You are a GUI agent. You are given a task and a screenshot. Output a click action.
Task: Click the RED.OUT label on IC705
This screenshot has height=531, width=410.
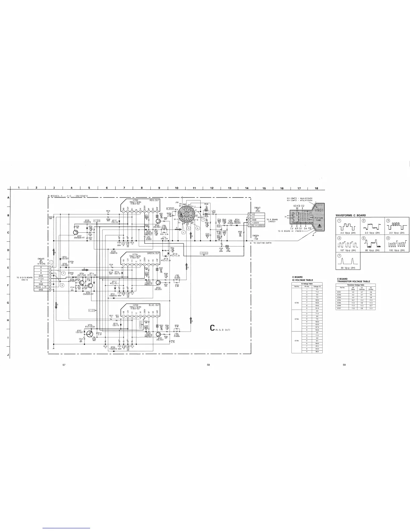coord(155,200)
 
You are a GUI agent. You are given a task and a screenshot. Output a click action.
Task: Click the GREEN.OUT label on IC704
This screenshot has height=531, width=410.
coord(153,253)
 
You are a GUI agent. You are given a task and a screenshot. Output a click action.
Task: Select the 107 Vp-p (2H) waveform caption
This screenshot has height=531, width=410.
coord(348,250)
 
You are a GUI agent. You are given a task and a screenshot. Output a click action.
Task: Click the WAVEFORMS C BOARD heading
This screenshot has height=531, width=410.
coord(350,215)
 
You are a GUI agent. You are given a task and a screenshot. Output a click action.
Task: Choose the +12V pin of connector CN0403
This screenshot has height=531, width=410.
coord(41,279)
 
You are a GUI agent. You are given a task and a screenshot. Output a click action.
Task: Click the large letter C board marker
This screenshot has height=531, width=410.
coord(212,328)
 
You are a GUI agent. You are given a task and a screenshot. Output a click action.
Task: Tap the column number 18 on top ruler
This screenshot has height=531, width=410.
coord(316,188)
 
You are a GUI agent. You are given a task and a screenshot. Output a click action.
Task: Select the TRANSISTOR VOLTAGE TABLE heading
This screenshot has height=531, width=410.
coord(353,282)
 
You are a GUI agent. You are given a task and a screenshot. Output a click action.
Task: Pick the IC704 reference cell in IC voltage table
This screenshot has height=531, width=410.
coord(296,319)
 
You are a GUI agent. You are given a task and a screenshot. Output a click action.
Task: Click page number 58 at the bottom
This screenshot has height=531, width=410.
coord(208,365)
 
